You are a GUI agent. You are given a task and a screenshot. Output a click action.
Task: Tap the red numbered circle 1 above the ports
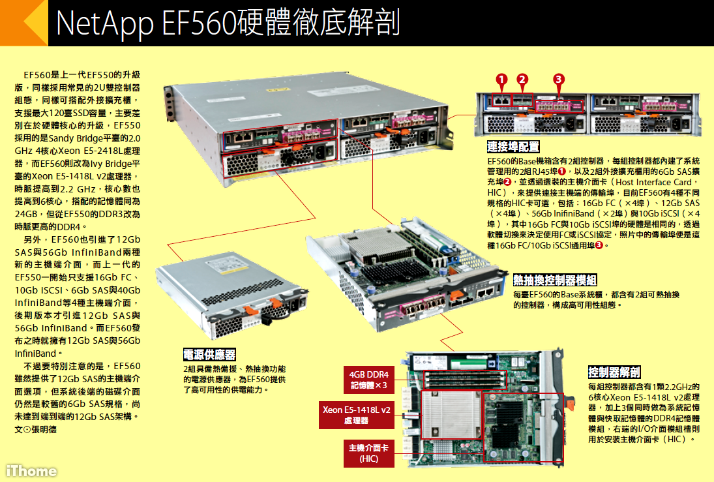tap(501, 80)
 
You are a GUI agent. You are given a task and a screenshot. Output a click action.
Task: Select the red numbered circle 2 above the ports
tap(522, 80)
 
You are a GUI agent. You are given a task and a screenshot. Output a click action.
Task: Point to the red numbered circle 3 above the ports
tap(558, 80)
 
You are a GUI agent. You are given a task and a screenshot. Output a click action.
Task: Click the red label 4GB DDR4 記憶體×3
tap(368, 380)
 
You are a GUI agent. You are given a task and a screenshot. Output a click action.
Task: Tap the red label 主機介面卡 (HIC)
tap(368, 453)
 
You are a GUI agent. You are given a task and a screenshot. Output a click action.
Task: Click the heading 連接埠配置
tap(513, 147)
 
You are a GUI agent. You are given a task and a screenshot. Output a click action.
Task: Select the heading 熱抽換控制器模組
tap(554, 280)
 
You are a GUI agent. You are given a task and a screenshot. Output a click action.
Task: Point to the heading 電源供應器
tap(209, 355)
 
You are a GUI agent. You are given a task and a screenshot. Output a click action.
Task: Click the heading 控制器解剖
tap(614, 372)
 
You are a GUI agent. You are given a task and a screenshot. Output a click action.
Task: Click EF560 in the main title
tap(196, 23)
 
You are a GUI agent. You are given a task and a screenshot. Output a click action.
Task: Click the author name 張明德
tap(44, 430)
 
